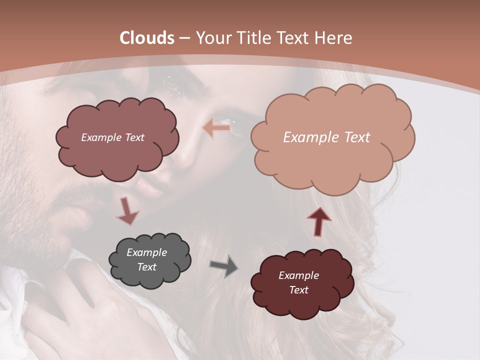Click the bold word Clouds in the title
(147, 38)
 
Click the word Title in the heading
(253, 38)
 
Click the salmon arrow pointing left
(216, 128)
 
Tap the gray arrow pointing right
(224, 266)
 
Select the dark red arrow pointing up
(319, 220)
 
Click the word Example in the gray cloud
(146, 252)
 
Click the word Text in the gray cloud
(146, 267)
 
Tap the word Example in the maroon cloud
(298, 275)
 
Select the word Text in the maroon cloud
(298, 290)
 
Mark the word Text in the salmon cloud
(354, 137)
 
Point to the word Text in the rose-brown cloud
(134, 137)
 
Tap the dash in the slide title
(183, 38)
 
